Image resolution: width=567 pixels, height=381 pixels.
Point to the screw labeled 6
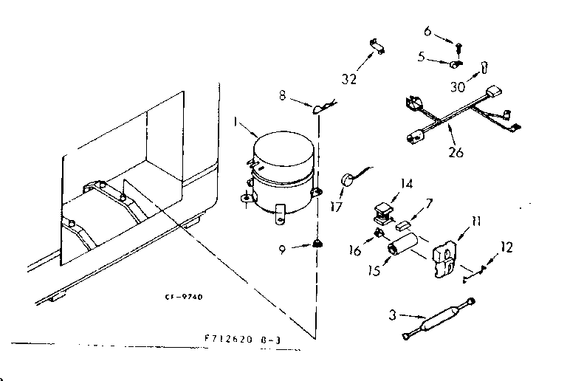pyautogui.click(x=458, y=47)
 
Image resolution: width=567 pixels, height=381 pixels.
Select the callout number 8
pyautogui.click(x=283, y=95)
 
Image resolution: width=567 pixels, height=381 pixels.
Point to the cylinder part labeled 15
pyautogui.click(x=405, y=245)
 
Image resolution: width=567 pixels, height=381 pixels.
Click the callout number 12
pyautogui.click(x=505, y=248)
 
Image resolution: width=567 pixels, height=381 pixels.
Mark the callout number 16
pyautogui.click(x=354, y=250)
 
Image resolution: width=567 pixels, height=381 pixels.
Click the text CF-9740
pyautogui.click(x=185, y=297)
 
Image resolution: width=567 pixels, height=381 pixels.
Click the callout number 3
pyautogui.click(x=394, y=315)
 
